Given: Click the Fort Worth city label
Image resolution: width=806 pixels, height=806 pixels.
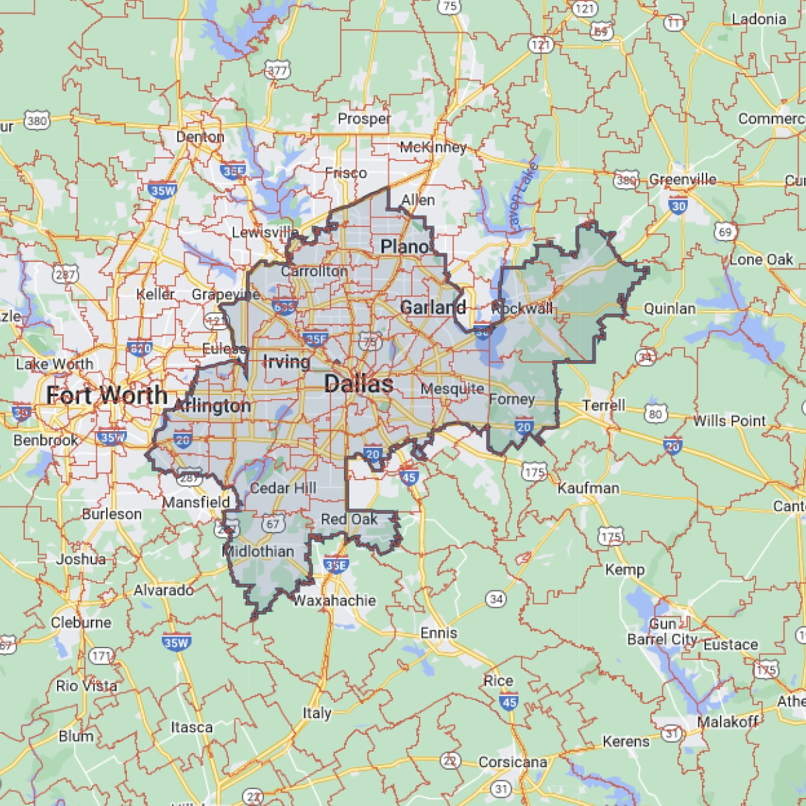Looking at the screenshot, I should click(106, 396).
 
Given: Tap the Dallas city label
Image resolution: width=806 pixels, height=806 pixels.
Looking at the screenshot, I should click(359, 384).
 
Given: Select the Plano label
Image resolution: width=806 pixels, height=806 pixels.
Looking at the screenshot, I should click(404, 247).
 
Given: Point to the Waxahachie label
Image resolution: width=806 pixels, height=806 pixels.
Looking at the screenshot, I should click(334, 600).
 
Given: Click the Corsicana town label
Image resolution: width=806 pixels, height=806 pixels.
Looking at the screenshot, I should click(512, 762).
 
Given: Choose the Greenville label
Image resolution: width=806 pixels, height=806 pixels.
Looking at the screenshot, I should click(682, 180).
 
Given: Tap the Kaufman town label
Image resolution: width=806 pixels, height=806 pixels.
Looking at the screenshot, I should click(588, 488).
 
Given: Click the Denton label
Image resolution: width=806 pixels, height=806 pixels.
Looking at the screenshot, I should click(200, 137).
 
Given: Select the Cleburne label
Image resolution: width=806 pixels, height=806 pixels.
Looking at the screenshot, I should click(81, 622).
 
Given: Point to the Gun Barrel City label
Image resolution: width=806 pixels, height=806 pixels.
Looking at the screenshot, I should click(662, 632).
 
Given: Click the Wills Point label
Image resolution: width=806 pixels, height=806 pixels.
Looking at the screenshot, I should click(729, 421).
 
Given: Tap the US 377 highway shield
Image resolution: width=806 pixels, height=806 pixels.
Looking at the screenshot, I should click(277, 70).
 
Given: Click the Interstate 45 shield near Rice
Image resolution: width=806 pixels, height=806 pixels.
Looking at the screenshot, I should click(508, 703).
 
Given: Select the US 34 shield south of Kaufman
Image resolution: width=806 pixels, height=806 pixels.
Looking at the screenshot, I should click(496, 598).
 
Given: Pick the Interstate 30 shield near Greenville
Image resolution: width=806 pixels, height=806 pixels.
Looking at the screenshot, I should click(678, 206).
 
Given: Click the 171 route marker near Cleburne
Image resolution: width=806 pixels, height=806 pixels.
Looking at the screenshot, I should click(101, 656).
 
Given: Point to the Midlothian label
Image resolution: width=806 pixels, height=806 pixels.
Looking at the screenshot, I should click(258, 551).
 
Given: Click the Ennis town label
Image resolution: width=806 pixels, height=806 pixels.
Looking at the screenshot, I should click(439, 633).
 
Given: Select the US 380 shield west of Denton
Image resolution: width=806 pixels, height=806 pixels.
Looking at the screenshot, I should click(37, 121).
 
